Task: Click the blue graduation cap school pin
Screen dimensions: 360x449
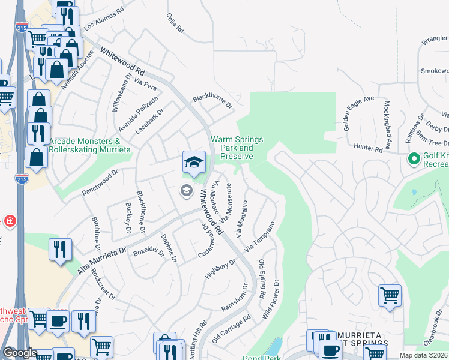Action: click(194, 162)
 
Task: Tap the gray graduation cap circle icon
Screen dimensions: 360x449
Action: click(186, 191)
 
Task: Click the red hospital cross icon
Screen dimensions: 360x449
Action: click(10, 221)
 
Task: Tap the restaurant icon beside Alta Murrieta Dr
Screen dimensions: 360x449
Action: click(60, 250)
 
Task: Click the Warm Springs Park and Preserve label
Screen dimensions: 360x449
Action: click(231, 148)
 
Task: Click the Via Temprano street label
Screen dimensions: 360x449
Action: click(260, 236)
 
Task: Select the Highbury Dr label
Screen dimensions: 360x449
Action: click(220, 268)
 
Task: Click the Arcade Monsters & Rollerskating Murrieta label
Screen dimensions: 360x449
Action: click(85, 145)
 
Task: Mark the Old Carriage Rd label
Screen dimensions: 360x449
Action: click(231, 329)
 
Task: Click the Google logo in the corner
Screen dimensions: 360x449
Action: click(20, 353)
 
